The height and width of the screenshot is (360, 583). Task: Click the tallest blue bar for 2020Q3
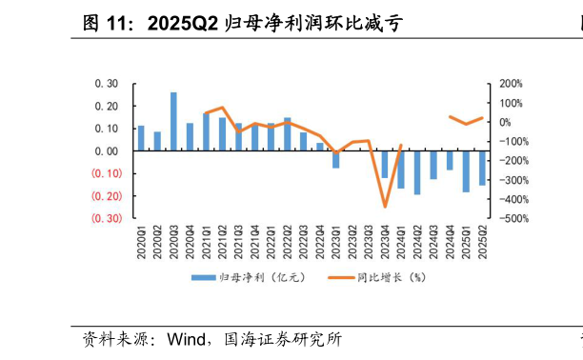tap(173, 121)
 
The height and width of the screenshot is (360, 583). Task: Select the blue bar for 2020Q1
tap(141, 138)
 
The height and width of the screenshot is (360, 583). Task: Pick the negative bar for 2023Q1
tap(336, 159)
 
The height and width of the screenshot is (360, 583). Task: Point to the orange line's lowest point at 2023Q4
tap(385, 207)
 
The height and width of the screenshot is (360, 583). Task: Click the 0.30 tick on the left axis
tap(106, 83)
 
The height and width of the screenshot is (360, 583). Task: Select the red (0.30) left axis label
tap(106, 218)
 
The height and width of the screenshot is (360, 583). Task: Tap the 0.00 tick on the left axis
tap(106, 150)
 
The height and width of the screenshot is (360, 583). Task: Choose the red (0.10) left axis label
tap(106, 173)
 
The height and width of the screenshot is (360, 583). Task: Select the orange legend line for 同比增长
tap(342, 277)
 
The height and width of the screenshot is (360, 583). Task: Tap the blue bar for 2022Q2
tap(288, 134)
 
